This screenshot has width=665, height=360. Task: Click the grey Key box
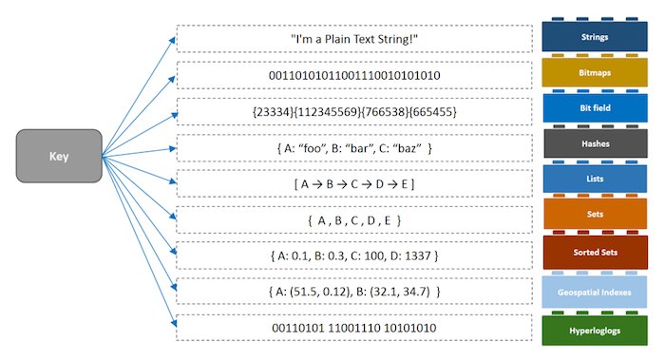point(59,156)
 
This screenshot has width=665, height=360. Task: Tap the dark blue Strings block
point(595,36)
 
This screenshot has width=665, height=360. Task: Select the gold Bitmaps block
point(595,72)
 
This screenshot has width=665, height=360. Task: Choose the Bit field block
point(595,108)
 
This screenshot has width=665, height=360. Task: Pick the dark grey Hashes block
point(596,143)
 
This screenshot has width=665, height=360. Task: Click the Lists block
point(595,179)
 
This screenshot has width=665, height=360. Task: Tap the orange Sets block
point(595,214)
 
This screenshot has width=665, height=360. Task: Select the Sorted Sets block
point(595,253)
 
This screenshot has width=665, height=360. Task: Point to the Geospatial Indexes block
point(594,293)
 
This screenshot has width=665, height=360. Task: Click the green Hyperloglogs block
point(595,331)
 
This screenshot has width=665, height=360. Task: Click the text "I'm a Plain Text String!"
point(354,39)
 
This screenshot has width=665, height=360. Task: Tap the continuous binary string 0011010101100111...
point(354,75)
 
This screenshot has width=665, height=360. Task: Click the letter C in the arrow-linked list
point(354,184)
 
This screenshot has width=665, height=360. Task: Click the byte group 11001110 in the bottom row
point(354,328)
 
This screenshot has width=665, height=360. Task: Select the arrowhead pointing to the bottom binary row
point(174,324)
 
